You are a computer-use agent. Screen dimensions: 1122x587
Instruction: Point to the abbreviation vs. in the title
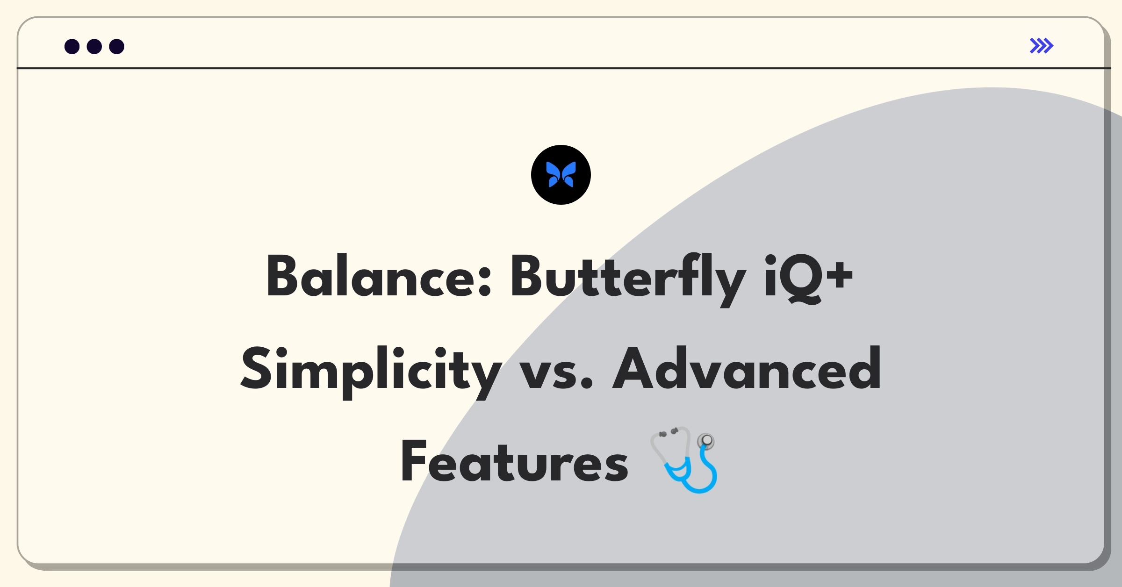(x=556, y=374)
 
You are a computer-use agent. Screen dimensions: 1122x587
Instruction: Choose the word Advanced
(x=747, y=368)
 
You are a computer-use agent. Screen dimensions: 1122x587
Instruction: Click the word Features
(x=514, y=461)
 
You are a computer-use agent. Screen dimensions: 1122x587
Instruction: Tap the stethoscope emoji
(x=683, y=459)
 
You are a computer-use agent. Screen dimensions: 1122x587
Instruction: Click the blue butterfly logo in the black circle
(x=561, y=175)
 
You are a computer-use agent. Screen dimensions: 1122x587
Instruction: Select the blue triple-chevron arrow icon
(x=1042, y=46)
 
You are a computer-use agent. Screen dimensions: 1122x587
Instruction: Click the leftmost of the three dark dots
(x=72, y=46)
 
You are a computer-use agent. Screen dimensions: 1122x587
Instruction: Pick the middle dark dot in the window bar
(x=94, y=46)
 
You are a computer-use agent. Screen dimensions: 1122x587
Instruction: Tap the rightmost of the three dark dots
(x=117, y=46)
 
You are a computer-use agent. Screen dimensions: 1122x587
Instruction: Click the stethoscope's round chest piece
(x=706, y=440)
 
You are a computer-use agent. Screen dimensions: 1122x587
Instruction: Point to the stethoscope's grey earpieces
(x=668, y=432)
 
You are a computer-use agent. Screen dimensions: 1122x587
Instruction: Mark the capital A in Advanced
(x=634, y=368)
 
